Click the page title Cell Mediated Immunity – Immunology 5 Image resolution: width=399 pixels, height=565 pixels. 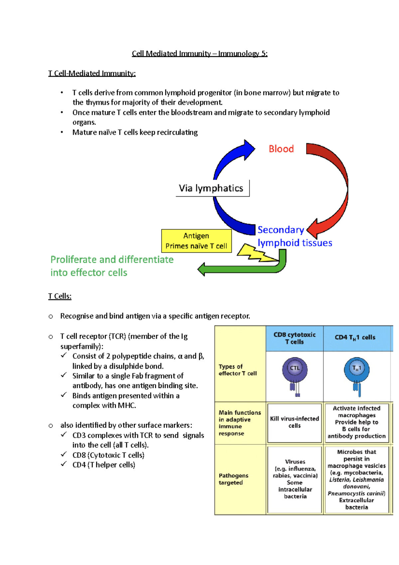(x=199, y=54)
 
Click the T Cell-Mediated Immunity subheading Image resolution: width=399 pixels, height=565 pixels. (x=92, y=73)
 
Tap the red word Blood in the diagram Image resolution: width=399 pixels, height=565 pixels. (x=281, y=149)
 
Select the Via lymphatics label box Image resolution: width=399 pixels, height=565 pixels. (x=212, y=188)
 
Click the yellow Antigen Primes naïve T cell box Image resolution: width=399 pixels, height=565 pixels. (x=196, y=241)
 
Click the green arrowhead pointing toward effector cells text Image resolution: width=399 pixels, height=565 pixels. (x=201, y=269)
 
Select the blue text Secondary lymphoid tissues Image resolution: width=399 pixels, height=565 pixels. (x=294, y=236)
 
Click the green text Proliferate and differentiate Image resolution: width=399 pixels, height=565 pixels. (x=112, y=260)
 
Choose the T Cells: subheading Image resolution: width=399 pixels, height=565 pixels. (x=60, y=296)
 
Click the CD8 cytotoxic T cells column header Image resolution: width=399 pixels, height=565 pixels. (x=294, y=338)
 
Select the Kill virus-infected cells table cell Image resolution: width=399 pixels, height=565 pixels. (x=294, y=422)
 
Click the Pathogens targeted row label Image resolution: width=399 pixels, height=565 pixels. (x=233, y=479)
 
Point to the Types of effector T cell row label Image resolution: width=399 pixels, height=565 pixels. (x=237, y=370)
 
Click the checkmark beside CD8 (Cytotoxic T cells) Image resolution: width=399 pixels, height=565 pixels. (x=64, y=454)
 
